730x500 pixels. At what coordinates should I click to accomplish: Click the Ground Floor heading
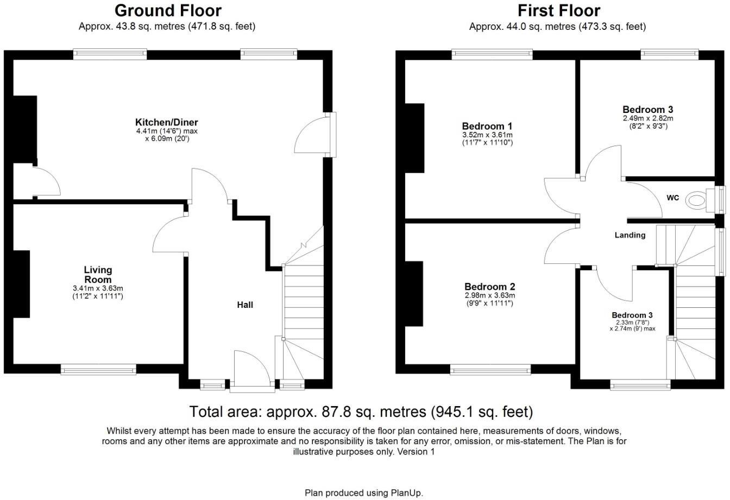pos(168,10)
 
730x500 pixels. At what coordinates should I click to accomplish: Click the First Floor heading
pos(558,10)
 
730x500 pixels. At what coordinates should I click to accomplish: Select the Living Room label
pos(98,274)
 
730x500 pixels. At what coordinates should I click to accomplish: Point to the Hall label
pos(245,305)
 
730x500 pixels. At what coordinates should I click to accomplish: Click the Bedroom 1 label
pos(487,126)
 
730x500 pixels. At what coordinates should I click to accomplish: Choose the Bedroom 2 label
pos(489,287)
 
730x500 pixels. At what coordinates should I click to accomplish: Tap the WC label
pos(672,198)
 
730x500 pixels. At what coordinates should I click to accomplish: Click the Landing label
pos(630,235)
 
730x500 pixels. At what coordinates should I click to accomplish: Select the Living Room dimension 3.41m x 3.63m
pos(98,288)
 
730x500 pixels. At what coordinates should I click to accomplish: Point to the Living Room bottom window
pos(98,370)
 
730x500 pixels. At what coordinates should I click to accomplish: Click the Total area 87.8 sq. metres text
pos(361,412)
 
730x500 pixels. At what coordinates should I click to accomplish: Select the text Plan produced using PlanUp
pos(363,493)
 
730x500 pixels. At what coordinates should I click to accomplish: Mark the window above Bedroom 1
pos(492,53)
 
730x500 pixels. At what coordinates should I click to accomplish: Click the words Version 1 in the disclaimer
pos(416,452)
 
